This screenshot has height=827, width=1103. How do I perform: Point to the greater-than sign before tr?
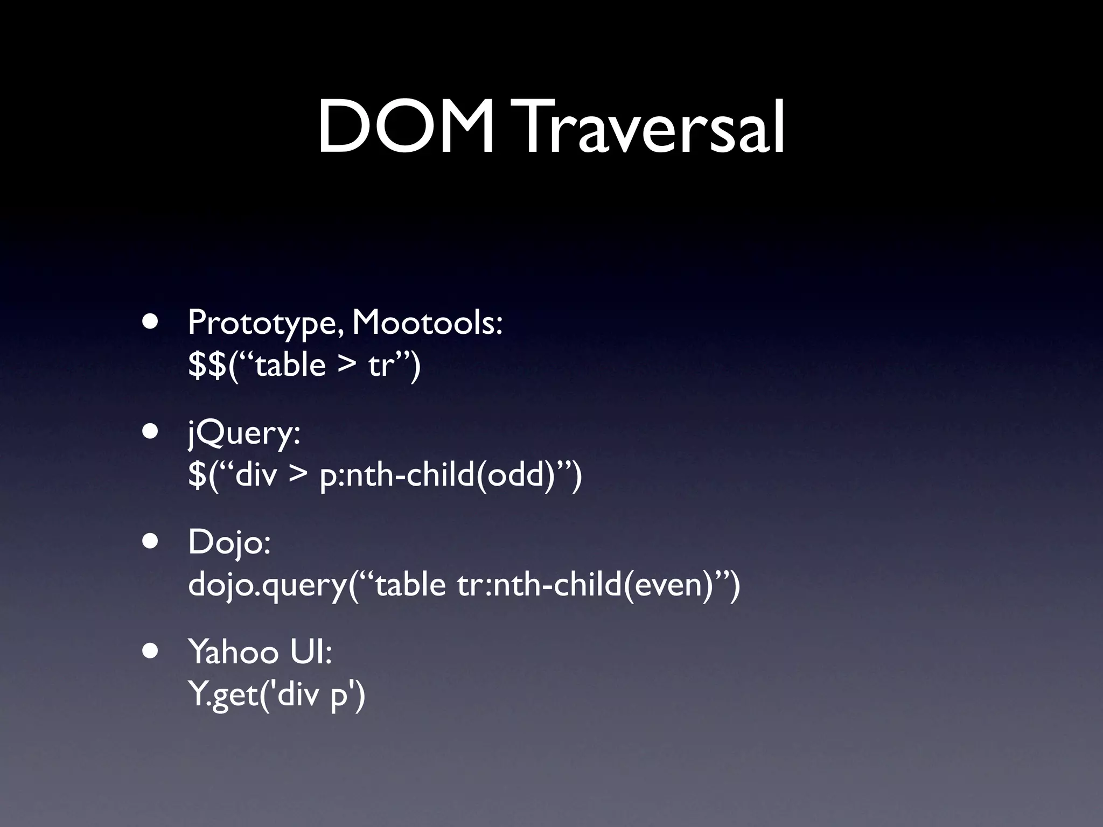coord(347,366)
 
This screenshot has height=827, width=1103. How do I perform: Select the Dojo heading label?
coord(229,543)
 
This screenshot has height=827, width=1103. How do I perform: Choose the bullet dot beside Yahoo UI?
coord(151,650)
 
